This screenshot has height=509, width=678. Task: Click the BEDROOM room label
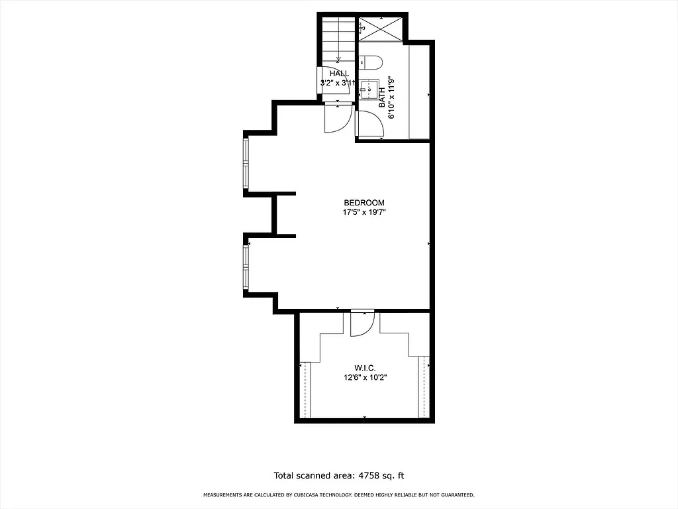point(363,203)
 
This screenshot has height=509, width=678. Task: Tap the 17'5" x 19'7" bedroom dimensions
point(363,213)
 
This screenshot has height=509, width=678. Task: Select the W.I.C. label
point(364,368)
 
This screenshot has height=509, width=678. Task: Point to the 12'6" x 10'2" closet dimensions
point(364,378)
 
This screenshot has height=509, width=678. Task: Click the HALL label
point(339,74)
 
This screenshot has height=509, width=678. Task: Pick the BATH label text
point(382,100)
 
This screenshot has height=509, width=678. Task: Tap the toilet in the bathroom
point(371,63)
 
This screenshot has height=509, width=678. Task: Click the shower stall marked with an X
point(380,28)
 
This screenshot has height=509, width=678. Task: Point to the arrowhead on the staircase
point(338,58)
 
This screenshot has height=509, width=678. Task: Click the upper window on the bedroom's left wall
point(246,162)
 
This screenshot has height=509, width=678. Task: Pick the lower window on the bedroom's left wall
point(246,267)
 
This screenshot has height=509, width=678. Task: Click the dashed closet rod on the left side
point(305,390)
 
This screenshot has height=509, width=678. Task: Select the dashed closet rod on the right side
point(423,390)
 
